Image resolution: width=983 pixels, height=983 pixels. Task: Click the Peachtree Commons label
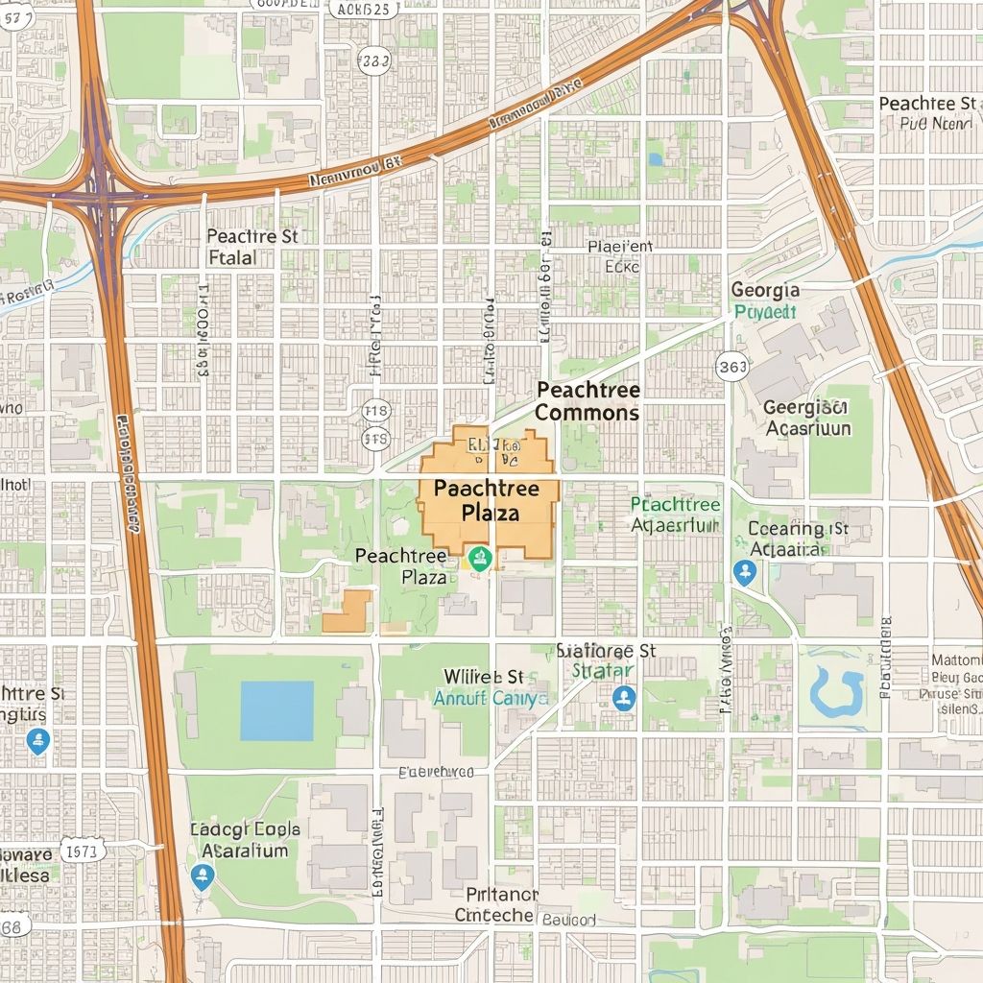(x=587, y=401)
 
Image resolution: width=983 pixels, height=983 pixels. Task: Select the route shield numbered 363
(x=732, y=366)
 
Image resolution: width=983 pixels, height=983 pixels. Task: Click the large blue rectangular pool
(x=276, y=710)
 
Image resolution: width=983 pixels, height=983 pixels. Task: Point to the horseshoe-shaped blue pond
(x=836, y=691)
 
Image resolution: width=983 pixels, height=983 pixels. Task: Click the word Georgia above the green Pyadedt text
(x=764, y=290)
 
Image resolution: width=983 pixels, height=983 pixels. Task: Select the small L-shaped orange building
(x=348, y=612)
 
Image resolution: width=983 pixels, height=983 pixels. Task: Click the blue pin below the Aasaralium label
(x=202, y=875)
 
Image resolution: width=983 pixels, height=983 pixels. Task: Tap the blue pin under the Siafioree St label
(x=624, y=697)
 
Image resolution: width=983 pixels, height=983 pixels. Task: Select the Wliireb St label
(x=483, y=677)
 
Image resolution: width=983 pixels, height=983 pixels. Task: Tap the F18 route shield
(x=376, y=412)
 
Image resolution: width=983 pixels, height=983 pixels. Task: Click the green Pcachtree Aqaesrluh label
(x=676, y=515)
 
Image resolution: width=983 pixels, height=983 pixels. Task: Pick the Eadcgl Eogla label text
(x=245, y=829)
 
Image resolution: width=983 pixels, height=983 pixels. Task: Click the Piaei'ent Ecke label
(x=620, y=256)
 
